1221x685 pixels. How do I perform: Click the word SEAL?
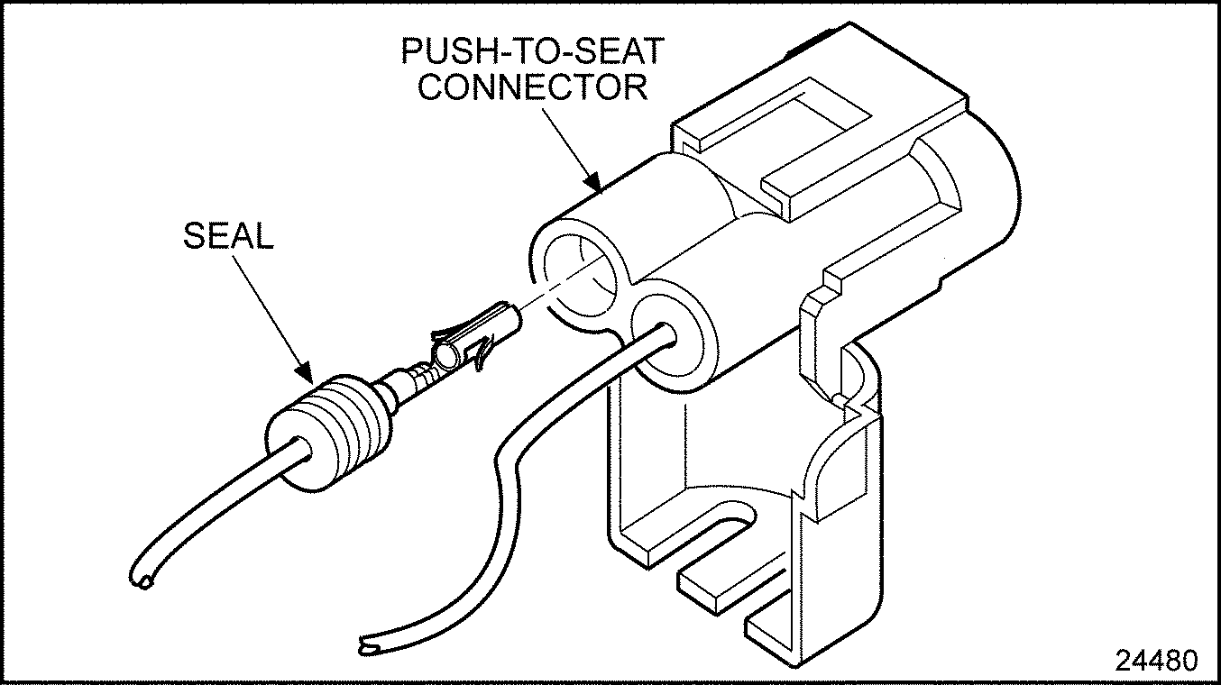[x=228, y=236]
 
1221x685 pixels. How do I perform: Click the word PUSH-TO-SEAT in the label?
[x=532, y=51]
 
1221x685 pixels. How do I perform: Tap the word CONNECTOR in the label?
[x=534, y=87]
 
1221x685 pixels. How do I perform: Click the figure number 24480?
[x=1157, y=660]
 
